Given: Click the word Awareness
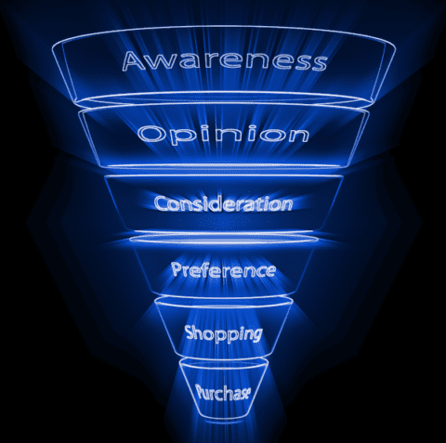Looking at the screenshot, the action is [224, 61].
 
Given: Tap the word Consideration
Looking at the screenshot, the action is [223, 203].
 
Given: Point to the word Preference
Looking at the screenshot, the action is [224, 269].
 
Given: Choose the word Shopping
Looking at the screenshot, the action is [224, 334].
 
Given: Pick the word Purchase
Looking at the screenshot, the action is [223, 393].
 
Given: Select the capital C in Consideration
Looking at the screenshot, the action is [162, 204].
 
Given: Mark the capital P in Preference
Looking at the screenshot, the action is [177, 269].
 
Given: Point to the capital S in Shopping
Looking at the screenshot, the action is [190, 332].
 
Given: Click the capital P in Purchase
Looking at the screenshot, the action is [202, 391].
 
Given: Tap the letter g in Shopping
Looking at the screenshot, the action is [254, 335].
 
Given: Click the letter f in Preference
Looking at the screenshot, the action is [211, 269].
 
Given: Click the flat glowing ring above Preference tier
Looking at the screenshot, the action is [224, 239].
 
